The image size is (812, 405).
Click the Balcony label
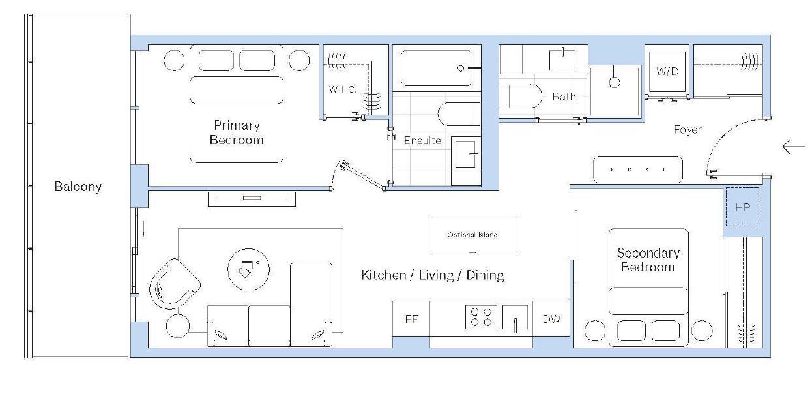pos(78,187)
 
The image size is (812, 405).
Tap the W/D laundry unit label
pos(667,71)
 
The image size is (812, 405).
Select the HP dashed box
pos(742,207)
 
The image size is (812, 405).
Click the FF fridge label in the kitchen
pos(412,319)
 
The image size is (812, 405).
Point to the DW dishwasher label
pos(551,319)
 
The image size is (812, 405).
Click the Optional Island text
pos(472,235)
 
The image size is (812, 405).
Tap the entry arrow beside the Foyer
pos(794,147)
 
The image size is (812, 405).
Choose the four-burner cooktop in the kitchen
pos(481,317)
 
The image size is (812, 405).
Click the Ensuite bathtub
pos(437,68)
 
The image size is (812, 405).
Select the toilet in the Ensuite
pos(459,114)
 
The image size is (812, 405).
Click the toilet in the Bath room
pos(521,96)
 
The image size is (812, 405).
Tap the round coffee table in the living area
pos(249,269)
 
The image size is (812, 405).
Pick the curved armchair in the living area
pos(174,284)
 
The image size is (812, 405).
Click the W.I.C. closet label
pos(343,89)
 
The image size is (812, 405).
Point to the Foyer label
pos(688,130)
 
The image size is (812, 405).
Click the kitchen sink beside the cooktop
pos(515,317)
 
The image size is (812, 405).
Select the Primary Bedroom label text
pos(237,132)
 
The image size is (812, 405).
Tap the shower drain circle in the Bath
pos(615,82)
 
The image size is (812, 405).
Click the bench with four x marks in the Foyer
pos(637,170)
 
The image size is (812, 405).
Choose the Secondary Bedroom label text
pos(648,260)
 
